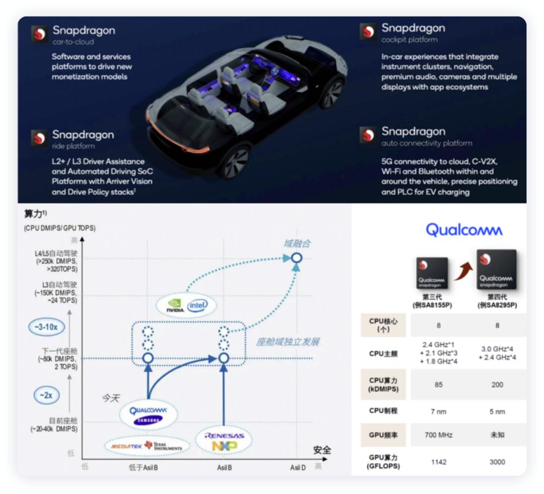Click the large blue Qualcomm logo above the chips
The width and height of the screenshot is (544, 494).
tap(464, 230)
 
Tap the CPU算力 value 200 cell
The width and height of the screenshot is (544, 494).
tap(497, 385)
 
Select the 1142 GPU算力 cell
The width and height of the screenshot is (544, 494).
tap(438, 462)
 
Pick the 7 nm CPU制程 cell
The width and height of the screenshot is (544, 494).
tap(438, 411)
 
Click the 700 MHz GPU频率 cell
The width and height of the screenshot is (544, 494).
tap(438, 435)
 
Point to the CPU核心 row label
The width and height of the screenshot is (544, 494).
tap(383, 325)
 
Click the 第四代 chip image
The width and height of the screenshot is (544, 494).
tap(496, 270)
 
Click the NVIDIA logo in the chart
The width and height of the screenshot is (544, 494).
tap(174, 305)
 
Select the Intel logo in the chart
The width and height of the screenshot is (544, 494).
tap(198, 305)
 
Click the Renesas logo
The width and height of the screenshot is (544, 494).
tap(224, 436)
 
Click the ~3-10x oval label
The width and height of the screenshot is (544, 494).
tap(46, 327)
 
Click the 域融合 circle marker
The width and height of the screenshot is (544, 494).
tap(297, 258)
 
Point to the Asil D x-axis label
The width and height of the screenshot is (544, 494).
tap(298, 468)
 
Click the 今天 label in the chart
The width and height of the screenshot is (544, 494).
tap(111, 398)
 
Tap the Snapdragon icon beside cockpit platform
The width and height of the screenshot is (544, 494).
tap(368, 32)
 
